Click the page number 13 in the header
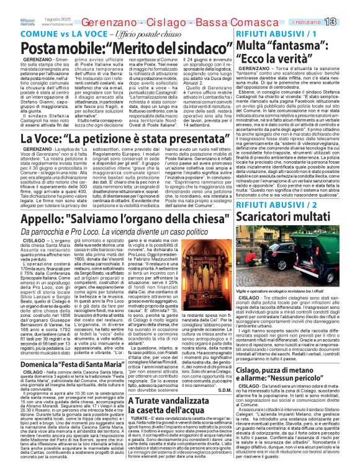[x=346, y=21]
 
